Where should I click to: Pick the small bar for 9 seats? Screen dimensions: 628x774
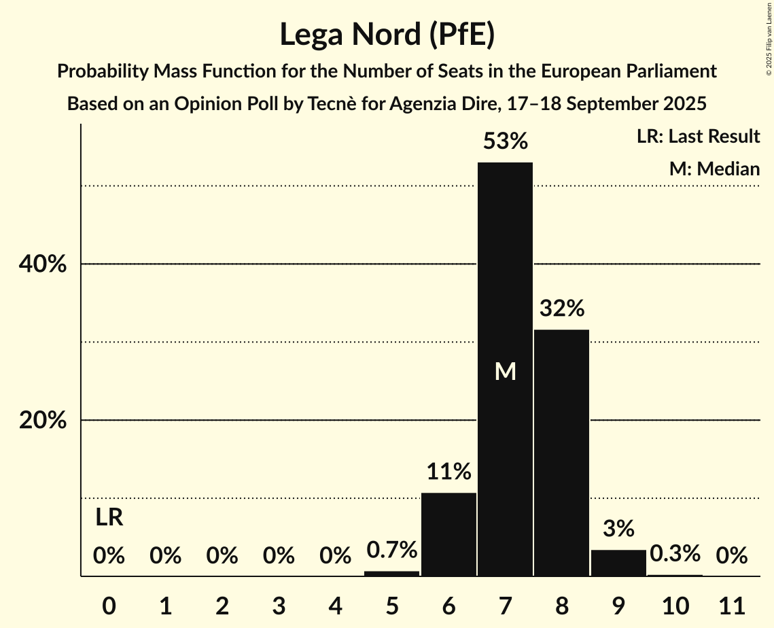[618, 563]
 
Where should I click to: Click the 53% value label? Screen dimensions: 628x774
[505, 141]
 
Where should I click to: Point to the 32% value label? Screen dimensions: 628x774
[561, 309]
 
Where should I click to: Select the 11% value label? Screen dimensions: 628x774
[448, 471]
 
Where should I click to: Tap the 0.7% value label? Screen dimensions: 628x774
[392, 549]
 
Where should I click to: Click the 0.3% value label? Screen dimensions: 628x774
[674, 553]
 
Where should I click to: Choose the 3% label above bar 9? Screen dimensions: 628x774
[618, 528]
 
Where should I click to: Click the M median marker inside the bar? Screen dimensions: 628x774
[505, 371]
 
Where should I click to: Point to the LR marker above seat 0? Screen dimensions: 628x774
[109, 518]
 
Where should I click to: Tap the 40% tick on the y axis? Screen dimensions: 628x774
[43, 264]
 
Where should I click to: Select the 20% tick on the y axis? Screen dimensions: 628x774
[43, 421]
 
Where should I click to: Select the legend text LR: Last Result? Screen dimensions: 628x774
[698, 137]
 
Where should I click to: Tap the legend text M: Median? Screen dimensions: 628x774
[714, 169]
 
